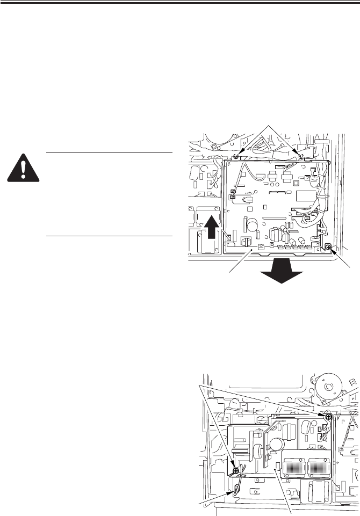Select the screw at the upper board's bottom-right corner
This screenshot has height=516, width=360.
[328, 247]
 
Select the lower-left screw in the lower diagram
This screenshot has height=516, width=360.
[236, 455]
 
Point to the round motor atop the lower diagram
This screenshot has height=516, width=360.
[329, 388]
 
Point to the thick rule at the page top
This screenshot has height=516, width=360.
[180, 2]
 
